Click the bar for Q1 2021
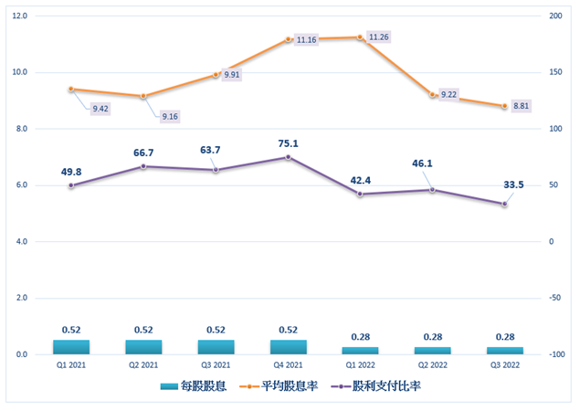[x=71, y=347]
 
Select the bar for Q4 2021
[x=288, y=347]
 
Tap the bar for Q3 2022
[x=504, y=351]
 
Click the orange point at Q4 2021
[x=288, y=39]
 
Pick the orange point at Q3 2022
[x=504, y=106]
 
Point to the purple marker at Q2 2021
[x=143, y=166]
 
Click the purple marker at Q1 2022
[x=360, y=194]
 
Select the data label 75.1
[x=288, y=142]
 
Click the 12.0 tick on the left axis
[x=20, y=16]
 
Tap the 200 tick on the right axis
[x=555, y=16]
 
